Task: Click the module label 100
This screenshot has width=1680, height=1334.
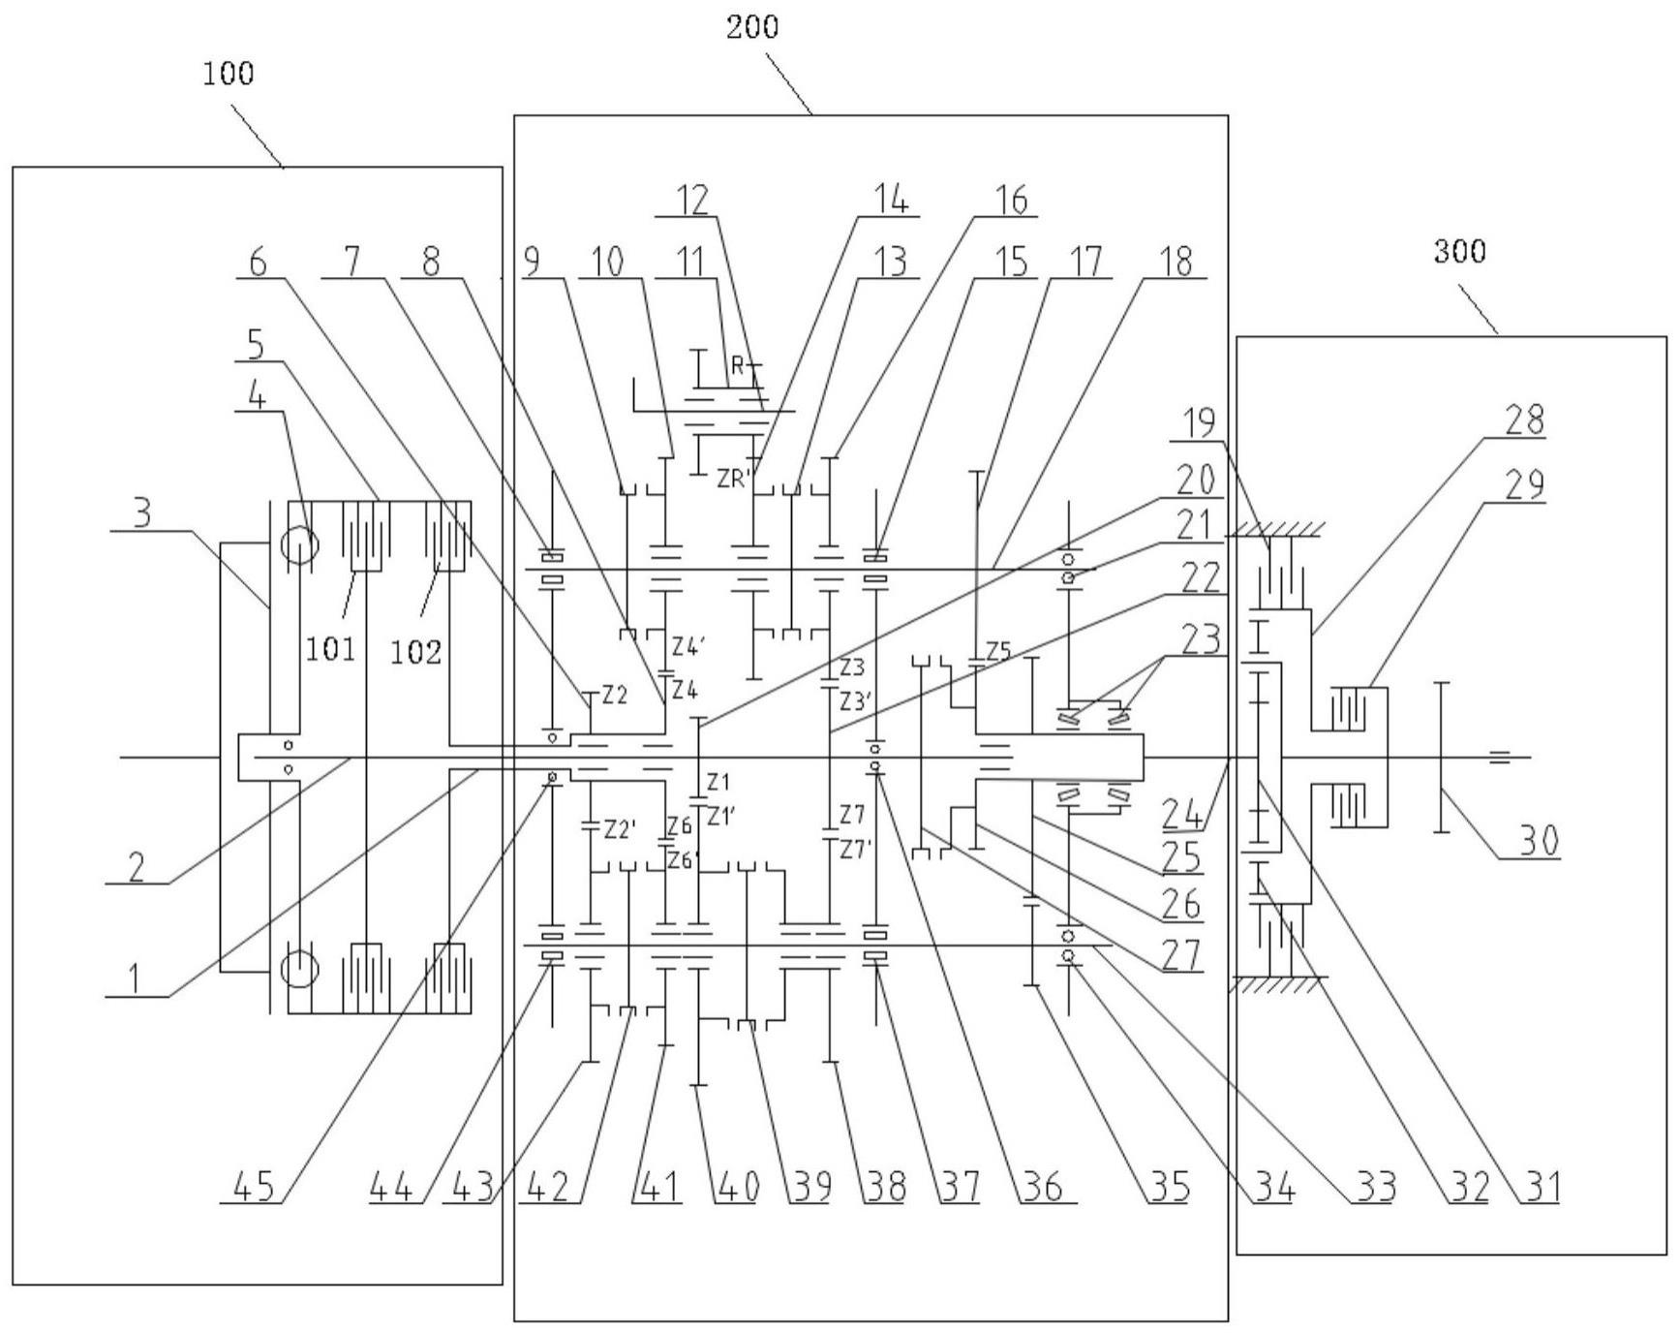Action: pyautogui.click(x=229, y=74)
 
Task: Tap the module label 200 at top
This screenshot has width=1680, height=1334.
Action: pyautogui.click(x=752, y=27)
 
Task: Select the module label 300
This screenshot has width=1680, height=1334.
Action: pyautogui.click(x=1458, y=252)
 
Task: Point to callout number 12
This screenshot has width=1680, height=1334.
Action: pyautogui.click(x=692, y=199)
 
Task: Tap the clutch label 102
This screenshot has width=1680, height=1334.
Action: pyautogui.click(x=416, y=652)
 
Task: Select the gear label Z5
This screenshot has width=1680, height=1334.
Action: pyautogui.click(x=998, y=651)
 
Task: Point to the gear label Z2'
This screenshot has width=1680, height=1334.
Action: pyautogui.click(x=620, y=829)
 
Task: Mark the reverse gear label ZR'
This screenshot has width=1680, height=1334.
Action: pyautogui.click(x=734, y=478)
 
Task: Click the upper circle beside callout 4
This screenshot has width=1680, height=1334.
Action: pyautogui.click(x=299, y=545)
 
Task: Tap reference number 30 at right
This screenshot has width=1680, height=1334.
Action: pyautogui.click(x=1537, y=841)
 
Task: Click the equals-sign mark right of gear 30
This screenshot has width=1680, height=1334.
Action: pyautogui.click(x=1499, y=757)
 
